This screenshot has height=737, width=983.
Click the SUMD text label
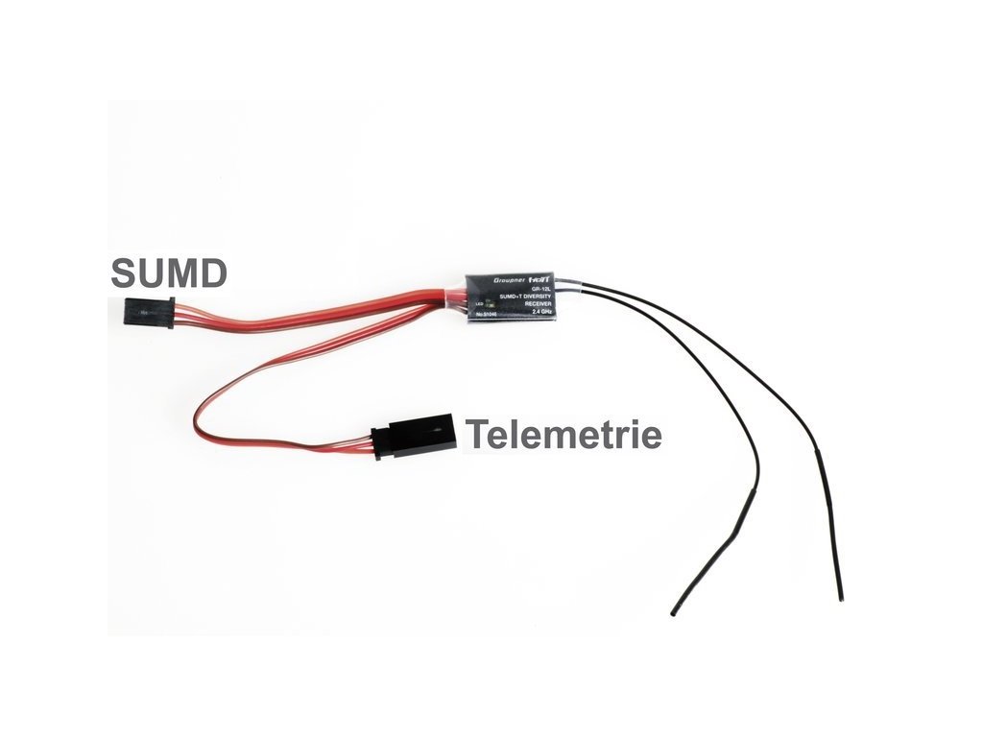pyautogui.click(x=169, y=273)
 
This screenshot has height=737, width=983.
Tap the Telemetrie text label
pyautogui.click(x=563, y=435)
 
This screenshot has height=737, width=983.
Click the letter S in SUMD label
pyautogui.click(x=123, y=273)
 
